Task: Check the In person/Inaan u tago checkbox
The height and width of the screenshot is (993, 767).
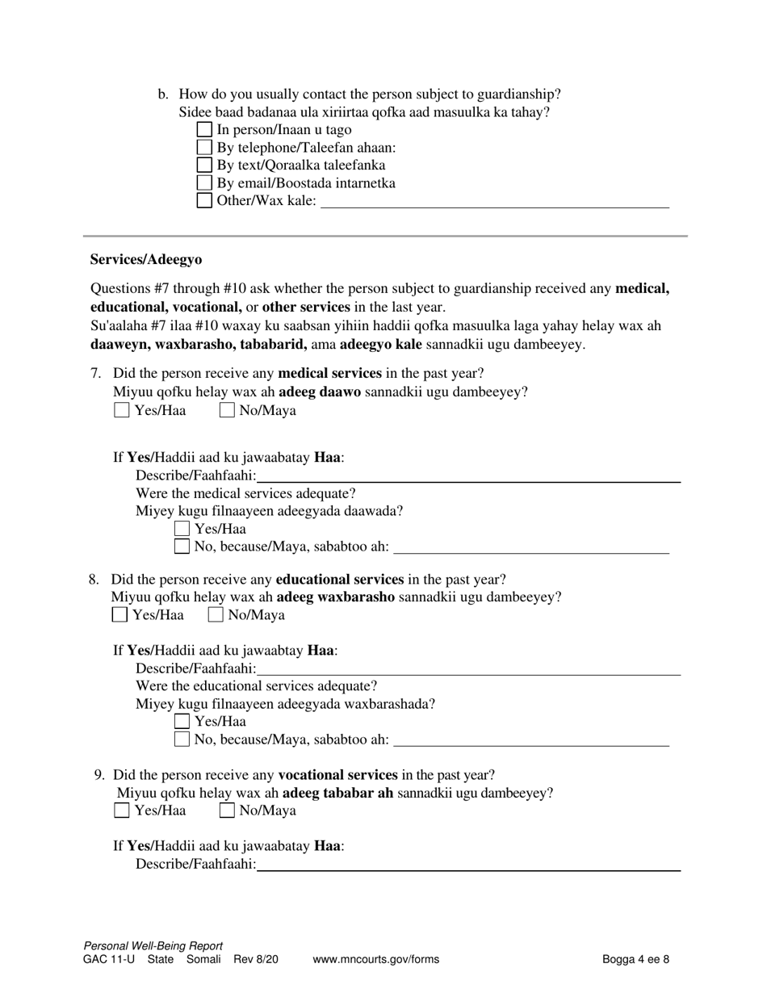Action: pos(204,129)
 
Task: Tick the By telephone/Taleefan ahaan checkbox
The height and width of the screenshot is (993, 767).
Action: pos(204,147)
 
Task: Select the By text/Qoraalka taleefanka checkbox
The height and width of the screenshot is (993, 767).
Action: pos(204,165)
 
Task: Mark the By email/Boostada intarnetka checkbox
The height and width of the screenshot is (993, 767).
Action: pos(204,182)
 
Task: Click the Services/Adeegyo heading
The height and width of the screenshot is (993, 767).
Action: pos(146,260)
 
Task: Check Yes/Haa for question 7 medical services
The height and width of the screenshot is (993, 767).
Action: pos(122,410)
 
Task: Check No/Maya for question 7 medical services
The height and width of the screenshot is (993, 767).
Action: pos(227,410)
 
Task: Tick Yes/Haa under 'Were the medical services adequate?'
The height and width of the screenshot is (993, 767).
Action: pos(182,529)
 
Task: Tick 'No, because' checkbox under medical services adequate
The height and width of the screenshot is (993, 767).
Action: pos(182,547)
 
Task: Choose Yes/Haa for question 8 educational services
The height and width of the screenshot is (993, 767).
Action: pos(119,615)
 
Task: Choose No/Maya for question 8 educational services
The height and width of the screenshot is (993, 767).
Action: pos(216,615)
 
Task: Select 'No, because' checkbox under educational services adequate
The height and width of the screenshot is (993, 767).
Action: pos(182,739)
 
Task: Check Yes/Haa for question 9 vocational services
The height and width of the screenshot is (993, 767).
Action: pos(122,811)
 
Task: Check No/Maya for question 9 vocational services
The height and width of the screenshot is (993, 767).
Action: pos(227,811)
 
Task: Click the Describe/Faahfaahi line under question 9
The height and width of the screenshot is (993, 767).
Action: pos(468,864)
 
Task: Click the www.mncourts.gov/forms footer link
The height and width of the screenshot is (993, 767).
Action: pos(375,960)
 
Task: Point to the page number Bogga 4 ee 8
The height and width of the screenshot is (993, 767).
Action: pos(635,960)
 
